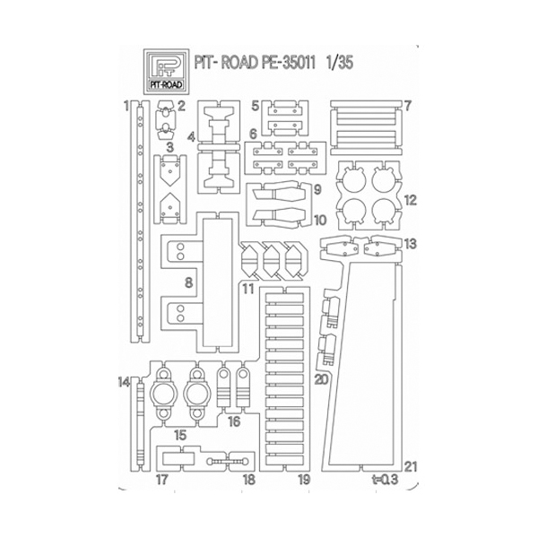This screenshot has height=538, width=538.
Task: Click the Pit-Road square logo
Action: pyautogui.click(x=167, y=72)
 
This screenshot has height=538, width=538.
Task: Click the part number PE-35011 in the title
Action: pyautogui.click(x=288, y=63)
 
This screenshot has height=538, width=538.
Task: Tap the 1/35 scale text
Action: pyautogui.click(x=340, y=63)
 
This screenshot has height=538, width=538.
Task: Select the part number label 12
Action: pyautogui.click(x=410, y=200)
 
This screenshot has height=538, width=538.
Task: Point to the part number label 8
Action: pyautogui.click(x=188, y=283)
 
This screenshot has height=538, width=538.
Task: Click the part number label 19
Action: pyautogui.click(x=304, y=480)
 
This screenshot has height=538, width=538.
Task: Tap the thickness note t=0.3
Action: pyautogui.click(x=385, y=480)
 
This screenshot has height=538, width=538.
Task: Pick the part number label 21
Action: pyautogui.click(x=411, y=466)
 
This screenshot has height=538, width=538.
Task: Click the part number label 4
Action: pyautogui.click(x=192, y=137)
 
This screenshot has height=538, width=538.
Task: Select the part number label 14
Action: pyautogui.click(x=124, y=382)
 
